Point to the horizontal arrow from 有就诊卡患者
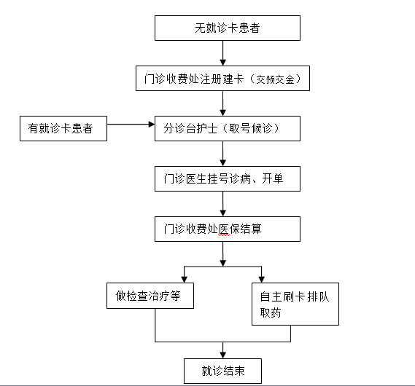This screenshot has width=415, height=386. [x=131, y=124]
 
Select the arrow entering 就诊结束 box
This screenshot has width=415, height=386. [x=223, y=350]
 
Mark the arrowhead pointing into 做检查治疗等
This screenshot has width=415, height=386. [x=185, y=280]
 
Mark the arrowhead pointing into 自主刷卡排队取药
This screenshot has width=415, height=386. [x=262, y=280]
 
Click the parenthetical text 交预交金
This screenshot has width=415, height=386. [x=275, y=79]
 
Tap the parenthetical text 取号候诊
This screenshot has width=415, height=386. [x=251, y=129]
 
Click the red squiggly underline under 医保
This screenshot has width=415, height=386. [x=224, y=235]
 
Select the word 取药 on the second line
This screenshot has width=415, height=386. [x=271, y=313]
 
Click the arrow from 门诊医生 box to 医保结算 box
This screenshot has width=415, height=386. [x=223, y=204]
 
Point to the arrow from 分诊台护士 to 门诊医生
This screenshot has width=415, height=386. [x=223, y=154]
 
